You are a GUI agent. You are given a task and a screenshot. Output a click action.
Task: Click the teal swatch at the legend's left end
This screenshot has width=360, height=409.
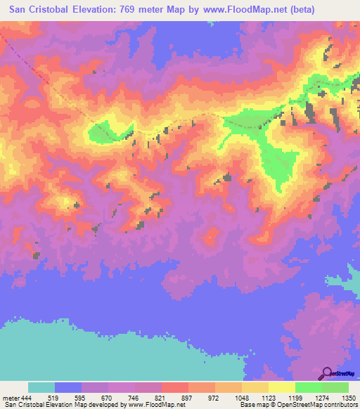click(x=41, y=387)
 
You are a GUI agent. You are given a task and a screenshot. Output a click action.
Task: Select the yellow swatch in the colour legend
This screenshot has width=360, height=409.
click(x=281, y=387)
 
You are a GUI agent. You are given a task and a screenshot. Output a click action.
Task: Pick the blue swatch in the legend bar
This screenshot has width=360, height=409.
click(x=68, y=387)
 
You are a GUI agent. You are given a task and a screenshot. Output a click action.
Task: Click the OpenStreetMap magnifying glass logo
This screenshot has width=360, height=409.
click(x=328, y=373)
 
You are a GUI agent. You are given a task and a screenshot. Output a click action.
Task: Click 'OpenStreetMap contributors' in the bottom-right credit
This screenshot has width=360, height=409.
click(x=317, y=405)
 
